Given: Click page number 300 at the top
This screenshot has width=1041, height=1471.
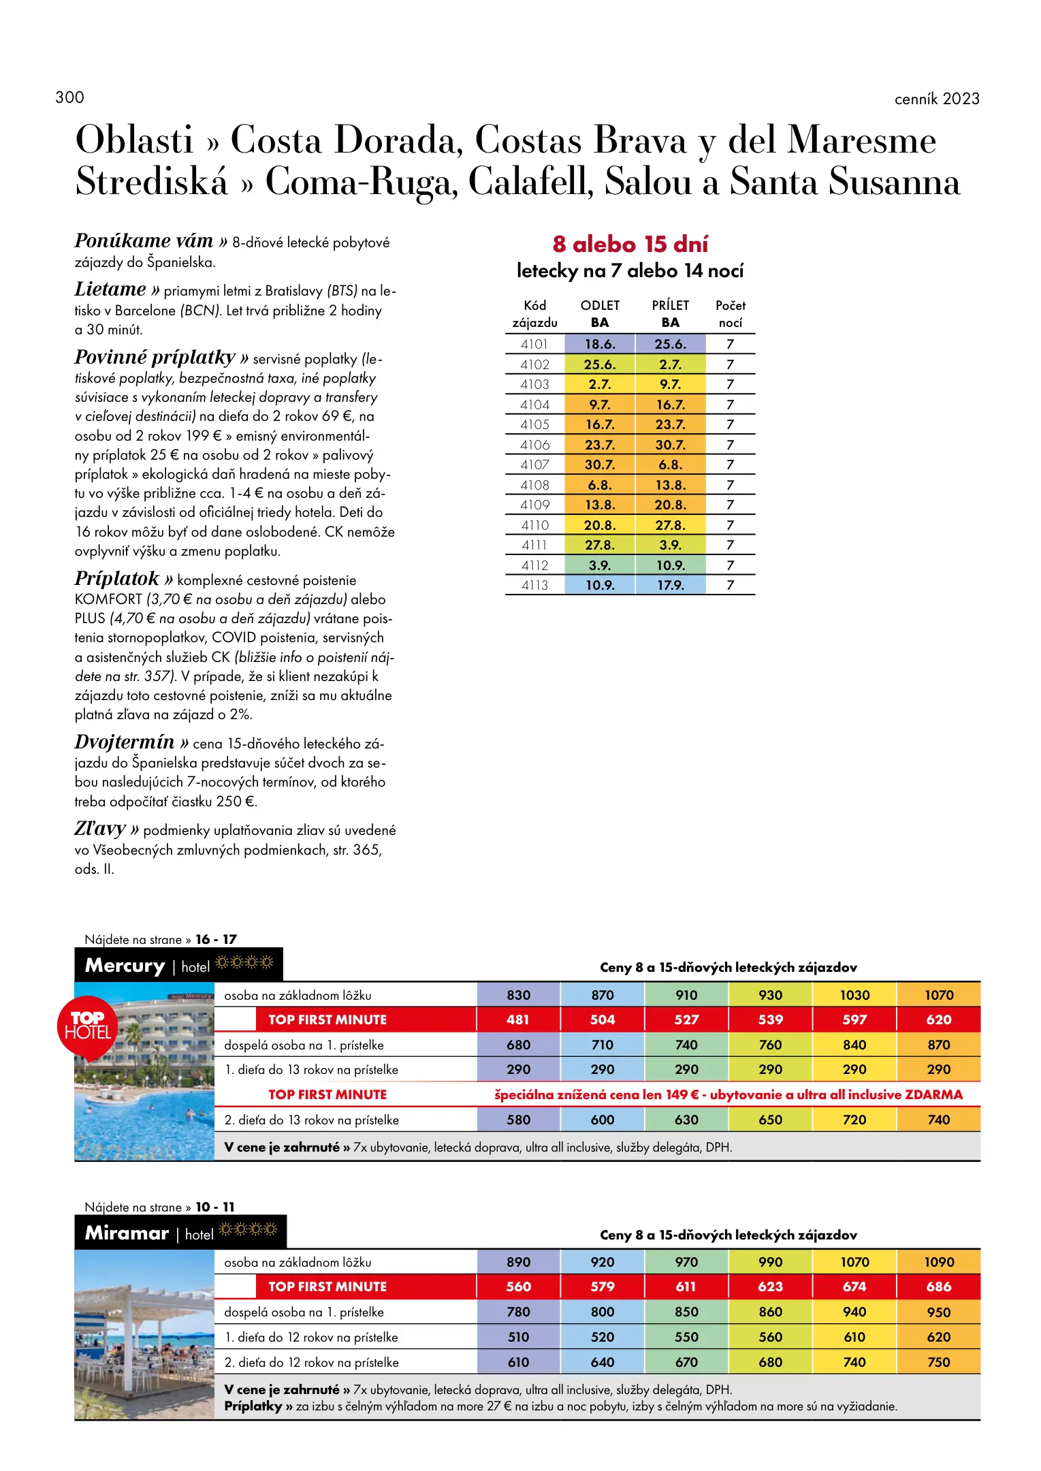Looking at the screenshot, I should [69, 97].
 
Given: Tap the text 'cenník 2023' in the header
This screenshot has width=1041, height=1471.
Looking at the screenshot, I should [936, 99].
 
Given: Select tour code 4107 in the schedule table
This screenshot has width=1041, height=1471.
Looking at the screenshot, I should [534, 465].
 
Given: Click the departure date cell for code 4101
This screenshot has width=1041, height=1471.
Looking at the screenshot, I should [600, 345].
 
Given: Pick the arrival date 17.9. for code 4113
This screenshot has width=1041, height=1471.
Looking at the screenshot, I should [671, 586].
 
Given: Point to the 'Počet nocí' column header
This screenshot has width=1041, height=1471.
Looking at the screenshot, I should [730, 314].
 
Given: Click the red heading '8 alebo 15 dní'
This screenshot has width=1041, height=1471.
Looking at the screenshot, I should [630, 244].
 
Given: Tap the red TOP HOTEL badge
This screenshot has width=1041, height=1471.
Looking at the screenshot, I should [88, 1026].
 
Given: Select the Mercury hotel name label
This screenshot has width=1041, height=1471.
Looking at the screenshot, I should [125, 966].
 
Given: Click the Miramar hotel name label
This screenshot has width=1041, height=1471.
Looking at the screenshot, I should [127, 1233].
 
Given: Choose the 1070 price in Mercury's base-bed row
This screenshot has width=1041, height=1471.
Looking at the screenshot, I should [938, 995].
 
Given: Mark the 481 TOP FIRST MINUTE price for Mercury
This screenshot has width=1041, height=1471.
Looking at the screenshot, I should [518, 1020].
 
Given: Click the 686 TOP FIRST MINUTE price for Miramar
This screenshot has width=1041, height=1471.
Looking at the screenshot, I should [938, 1287].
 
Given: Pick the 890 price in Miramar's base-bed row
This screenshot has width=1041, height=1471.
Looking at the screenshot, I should [518, 1262].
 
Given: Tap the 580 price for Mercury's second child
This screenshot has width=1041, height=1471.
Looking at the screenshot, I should [518, 1120].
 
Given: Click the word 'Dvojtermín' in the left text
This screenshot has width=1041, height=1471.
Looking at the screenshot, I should [125, 742].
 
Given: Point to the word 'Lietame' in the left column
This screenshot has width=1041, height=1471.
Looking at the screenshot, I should [110, 289].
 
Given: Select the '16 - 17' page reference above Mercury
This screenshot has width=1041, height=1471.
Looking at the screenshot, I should [216, 939].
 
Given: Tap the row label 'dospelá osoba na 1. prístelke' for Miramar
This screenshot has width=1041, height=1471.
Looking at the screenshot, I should [304, 1312].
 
